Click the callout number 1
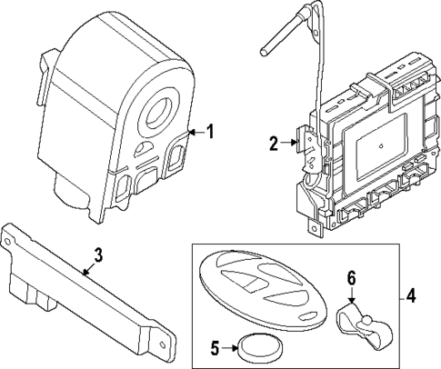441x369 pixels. click(x=211, y=133)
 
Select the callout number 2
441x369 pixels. click(x=273, y=142)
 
